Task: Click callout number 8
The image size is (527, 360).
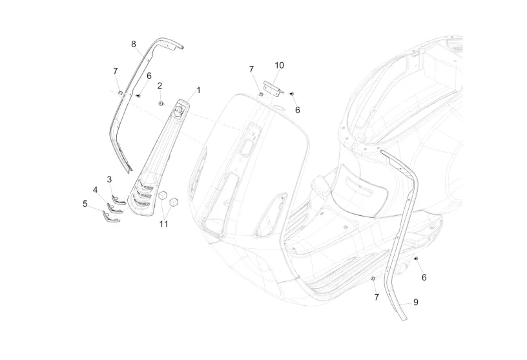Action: click(134, 44)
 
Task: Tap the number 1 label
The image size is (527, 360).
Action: click(198, 90)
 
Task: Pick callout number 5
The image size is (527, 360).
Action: click(85, 204)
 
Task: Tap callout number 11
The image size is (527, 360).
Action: click(164, 224)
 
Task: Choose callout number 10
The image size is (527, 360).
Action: click(279, 65)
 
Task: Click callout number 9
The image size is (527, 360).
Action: click(415, 302)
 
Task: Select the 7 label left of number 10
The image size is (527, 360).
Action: click(252, 69)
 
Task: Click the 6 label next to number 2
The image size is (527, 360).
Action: click(149, 76)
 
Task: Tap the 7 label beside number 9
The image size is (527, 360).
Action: click(376, 297)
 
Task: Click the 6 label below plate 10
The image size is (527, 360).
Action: click(298, 110)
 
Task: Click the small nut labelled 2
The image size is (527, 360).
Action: click(161, 103)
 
